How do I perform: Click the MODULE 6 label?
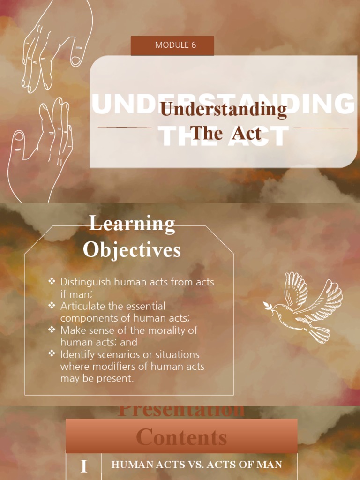coord(172,45)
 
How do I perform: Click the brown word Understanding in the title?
coord(223,110)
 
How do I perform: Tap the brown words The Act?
coord(225,133)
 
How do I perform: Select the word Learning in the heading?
coord(132,224)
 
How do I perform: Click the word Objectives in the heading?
coord(132,250)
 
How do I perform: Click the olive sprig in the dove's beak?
coord(267,307)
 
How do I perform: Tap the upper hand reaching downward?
coord(54,45)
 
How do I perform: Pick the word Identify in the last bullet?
coord(77,354)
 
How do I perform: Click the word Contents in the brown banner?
coord(181,438)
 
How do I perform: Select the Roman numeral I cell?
coord(84,466)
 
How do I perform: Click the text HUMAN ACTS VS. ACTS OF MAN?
coord(196,465)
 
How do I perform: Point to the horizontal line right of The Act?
coord(321,127)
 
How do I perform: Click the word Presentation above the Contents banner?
coord(181,411)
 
